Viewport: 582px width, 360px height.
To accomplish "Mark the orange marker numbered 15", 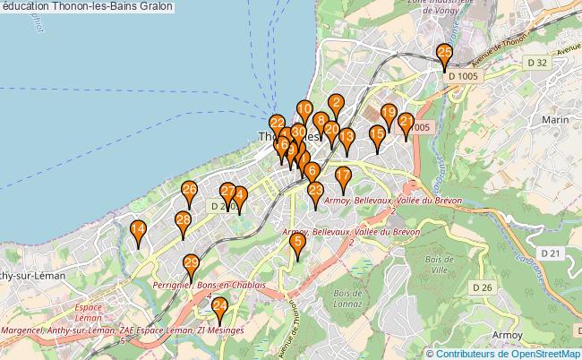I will coord(377,137).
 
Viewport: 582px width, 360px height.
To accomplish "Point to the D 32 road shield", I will coord(536,62).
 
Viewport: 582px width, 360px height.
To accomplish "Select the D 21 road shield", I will coord(555,254).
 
